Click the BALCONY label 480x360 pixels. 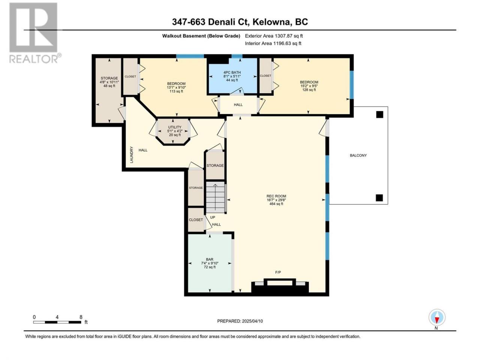pyautogui.click(x=358, y=155)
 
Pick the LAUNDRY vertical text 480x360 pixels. pyautogui.click(x=131, y=155)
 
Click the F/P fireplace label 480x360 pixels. pyautogui.click(x=278, y=272)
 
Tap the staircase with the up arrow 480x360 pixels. pyautogui.click(x=215, y=197)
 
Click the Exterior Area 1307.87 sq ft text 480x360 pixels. pyautogui.click(x=274, y=36)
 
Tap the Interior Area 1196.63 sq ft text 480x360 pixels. pyautogui.click(x=273, y=43)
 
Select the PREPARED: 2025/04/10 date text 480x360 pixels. pyautogui.click(x=240, y=321)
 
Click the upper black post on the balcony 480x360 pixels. pyautogui.click(x=379, y=114)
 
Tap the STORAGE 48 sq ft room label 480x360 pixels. pyautogui.click(x=109, y=82)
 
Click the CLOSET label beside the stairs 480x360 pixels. pyautogui.click(x=196, y=220)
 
